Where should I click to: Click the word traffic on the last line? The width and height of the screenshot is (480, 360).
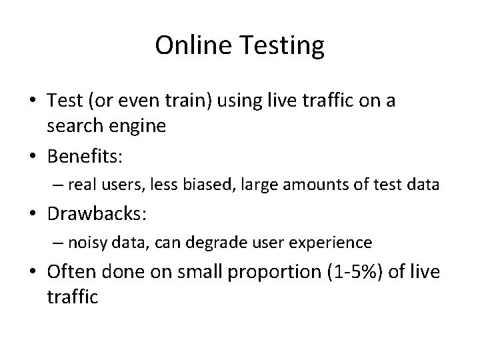tap(72, 297)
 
